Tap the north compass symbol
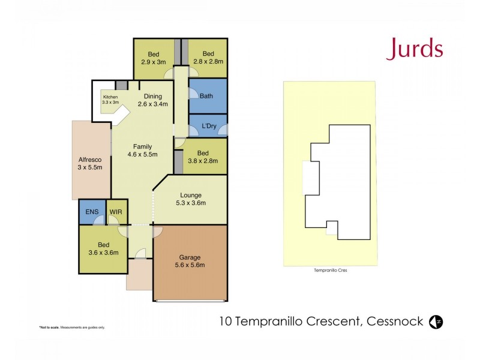pos(436,322)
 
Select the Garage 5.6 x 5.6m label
pos(190,262)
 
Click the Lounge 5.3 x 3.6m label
pos(190,199)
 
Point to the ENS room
pos(92,212)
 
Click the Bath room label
pos(206,96)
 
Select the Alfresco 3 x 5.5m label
pos(90,163)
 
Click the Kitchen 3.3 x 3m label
pos(110,100)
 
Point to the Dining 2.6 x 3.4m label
pos(152,100)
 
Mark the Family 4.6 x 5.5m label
pos(142,150)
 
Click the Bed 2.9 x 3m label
pos(154,58)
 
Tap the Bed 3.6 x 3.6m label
pos(104,248)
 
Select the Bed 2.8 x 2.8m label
pos(208,58)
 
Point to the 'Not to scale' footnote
pos(72,327)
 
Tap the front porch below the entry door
pos(139,275)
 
